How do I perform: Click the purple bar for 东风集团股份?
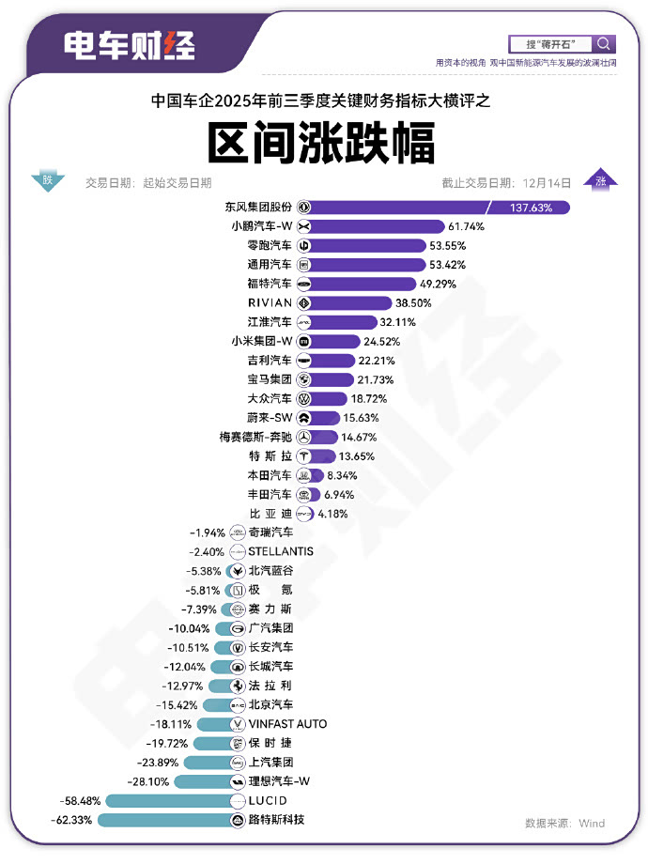tap(441, 207)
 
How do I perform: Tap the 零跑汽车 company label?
tap(268, 245)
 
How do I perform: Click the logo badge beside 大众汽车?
tap(303, 398)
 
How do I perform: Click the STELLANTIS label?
tap(281, 551)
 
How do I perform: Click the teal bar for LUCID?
tap(169, 801)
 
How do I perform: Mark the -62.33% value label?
tap(70, 820)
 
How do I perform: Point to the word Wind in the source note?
tap(591, 823)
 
